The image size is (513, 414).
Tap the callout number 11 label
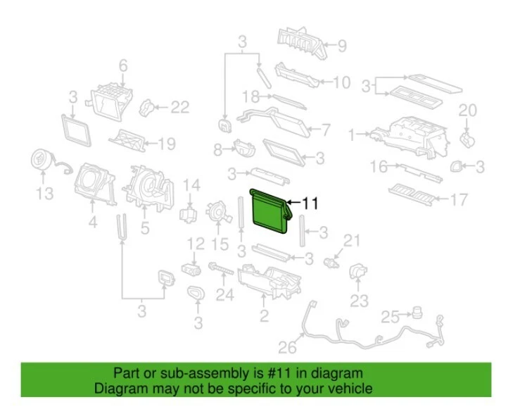[310, 203]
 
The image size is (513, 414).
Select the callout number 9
[341, 47]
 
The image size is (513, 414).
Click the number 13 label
[44, 193]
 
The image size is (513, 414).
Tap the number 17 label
[459, 201]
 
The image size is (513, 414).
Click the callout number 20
[467, 110]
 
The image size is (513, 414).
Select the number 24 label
[224, 296]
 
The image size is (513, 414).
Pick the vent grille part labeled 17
[415, 192]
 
